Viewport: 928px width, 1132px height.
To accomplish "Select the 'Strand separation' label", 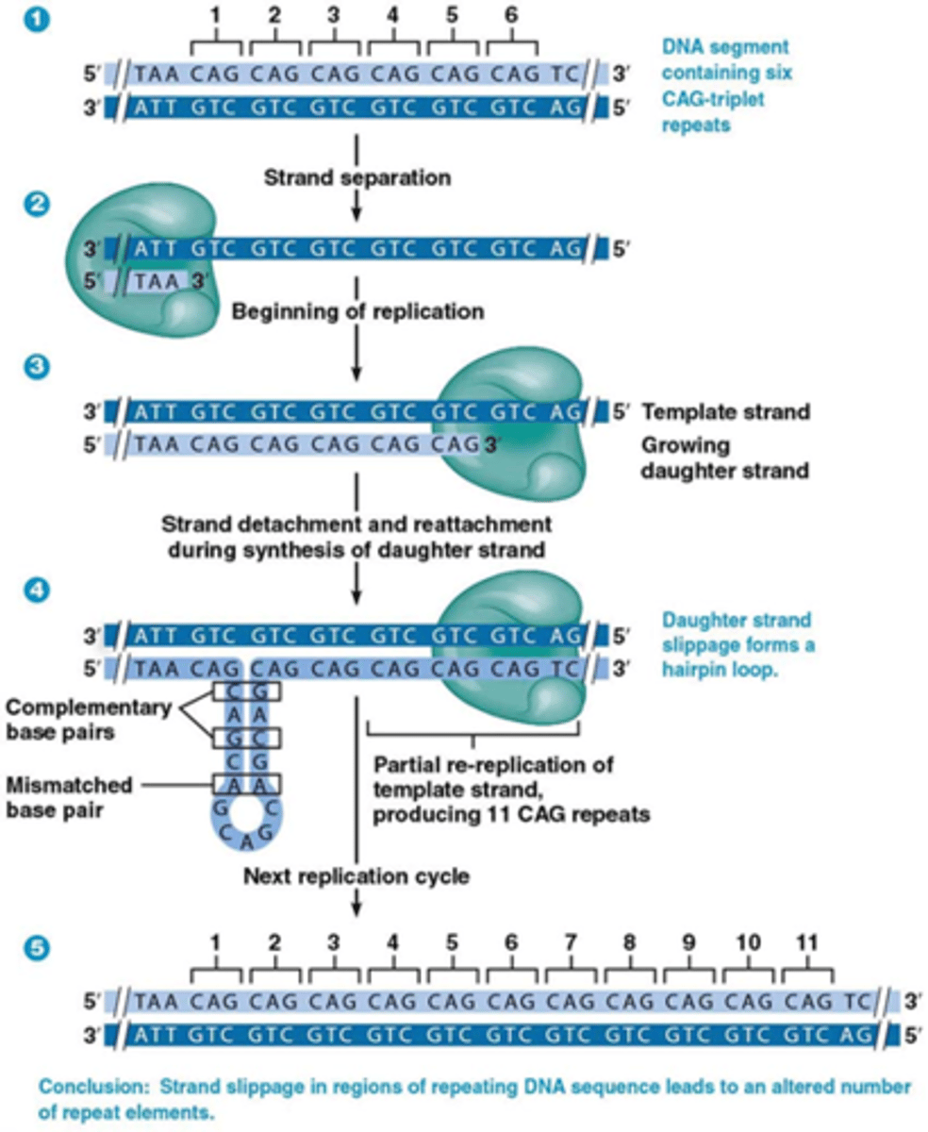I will pos(356,176).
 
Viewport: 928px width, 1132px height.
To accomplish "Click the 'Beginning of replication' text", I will pos(357,310).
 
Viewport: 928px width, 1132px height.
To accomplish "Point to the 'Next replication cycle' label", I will pos(356,876).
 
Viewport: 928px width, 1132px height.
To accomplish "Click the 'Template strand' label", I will pos(725,412).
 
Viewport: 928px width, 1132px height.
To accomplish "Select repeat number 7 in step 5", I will pos(570,942).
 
